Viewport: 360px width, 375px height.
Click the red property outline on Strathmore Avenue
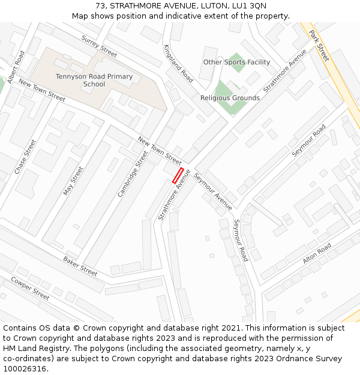click(x=178, y=176)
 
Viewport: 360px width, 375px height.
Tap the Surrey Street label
click(x=99, y=46)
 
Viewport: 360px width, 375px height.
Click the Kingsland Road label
click(x=178, y=63)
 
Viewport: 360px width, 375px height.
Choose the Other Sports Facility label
click(x=236, y=62)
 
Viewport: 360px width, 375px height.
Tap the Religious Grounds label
click(x=230, y=98)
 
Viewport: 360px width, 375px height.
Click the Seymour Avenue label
click(x=213, y=192)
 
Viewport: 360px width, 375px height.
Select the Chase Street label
click(x=25, y=157)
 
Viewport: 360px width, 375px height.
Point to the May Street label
click(x=73, y=181)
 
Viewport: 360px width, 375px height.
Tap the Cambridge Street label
click(x=133, y=174)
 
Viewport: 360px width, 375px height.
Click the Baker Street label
click(x=80, y=266)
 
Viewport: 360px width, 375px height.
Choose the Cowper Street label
click(x=30, y=288)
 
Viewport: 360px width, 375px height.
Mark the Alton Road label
click(x=317, y=253)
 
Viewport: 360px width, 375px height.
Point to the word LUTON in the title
click(x=214, y=6)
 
